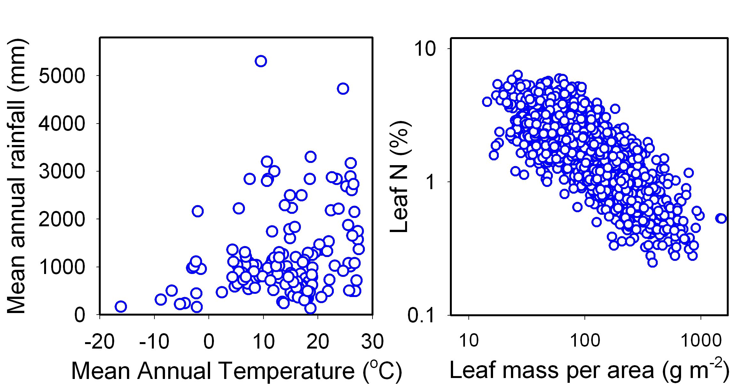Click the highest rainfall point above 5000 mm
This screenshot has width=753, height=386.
(261, 61)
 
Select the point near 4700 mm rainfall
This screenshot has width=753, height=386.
(343, 89)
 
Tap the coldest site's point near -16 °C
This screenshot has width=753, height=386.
(121, 306)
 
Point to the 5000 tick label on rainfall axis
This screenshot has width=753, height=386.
(62, 76)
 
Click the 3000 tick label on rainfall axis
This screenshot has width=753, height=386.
(62, 172)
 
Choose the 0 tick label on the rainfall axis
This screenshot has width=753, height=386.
(80, 315)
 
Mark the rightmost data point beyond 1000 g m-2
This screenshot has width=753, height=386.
(722, 219)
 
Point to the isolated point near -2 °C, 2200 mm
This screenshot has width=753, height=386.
(198, 211)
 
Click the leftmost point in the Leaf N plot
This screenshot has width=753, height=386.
(487, 102)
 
